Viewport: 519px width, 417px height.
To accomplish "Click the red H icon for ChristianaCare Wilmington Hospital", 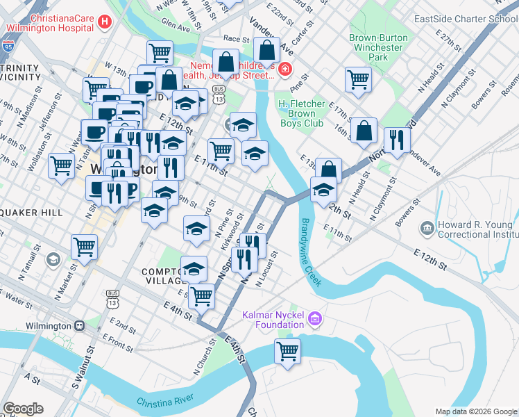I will (105, 22).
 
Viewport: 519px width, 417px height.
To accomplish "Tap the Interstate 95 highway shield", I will (8, 47).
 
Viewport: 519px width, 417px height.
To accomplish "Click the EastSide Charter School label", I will (465, 19).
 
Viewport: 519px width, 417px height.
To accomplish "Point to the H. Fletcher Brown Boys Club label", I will (302, 113).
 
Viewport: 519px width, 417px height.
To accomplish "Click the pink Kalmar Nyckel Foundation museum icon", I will (315, 319).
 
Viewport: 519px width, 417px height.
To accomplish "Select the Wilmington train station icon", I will (80, 325).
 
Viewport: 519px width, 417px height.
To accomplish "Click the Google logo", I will (23, 409).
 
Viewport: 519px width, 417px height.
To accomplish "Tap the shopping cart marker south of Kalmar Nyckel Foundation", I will (287, 350).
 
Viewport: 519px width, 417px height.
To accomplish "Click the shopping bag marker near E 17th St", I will (364, 130).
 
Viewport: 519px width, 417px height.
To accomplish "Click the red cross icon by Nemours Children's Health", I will (284, 69).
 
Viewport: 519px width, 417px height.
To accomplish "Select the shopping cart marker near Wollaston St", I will (62, 165).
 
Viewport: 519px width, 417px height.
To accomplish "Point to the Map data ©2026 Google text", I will (475, 411).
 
